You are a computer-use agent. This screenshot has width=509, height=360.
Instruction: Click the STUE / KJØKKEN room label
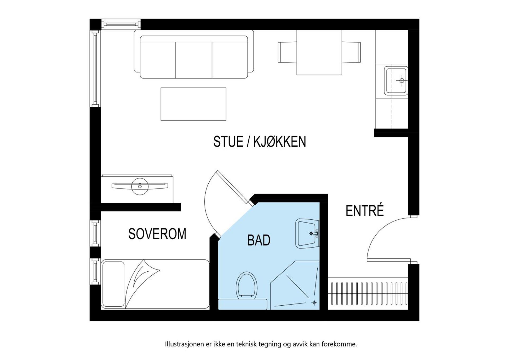[x=259, y=142]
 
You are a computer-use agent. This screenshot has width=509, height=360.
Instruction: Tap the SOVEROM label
[x=157, y=234]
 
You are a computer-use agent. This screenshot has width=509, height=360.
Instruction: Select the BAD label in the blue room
[x=258, y=240]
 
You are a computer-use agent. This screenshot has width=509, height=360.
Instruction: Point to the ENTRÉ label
[x=365, y=211]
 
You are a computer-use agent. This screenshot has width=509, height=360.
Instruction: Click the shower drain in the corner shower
[x=314, y=302]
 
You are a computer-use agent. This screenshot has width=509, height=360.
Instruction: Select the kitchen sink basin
[x=396, y=80]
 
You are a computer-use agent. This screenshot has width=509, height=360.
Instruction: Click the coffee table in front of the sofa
[x=193, y=104]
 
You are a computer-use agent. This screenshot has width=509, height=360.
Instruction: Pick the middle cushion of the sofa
[x=194, y=60]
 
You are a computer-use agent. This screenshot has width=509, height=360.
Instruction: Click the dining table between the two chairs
[x=319, y=53]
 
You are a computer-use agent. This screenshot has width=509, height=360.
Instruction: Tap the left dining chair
[x=287, y=52]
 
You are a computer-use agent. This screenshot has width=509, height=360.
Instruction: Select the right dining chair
[x=351, y=52]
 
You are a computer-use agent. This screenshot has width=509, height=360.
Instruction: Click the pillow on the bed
[x=113, y=284]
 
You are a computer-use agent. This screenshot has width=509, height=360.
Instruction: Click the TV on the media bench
[x=140, y=186]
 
